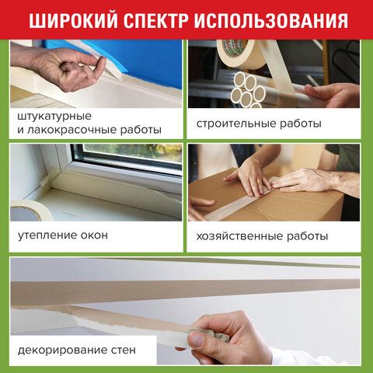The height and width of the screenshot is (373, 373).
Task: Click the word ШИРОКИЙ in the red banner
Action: (73, 20)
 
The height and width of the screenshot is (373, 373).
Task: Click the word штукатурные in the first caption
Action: (54, 117)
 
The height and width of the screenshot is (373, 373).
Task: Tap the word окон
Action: (94, 235)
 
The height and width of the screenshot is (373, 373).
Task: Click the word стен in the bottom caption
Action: (124, 350)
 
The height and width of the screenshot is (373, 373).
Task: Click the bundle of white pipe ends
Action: (247, 89)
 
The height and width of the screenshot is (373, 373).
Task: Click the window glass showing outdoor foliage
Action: (132, 153)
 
